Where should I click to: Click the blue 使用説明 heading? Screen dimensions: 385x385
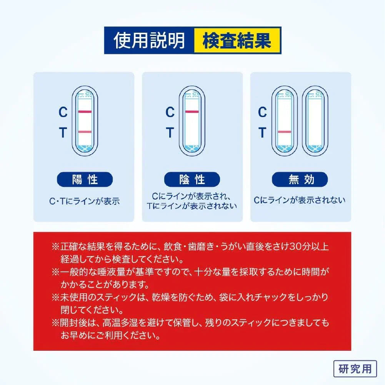tap(149, 40)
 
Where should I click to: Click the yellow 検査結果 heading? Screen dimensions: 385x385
tap(237, 40)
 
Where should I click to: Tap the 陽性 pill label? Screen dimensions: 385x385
tap(85, 179)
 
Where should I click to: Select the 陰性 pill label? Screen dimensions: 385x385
tap(192, 179)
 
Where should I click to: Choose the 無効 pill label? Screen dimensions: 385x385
tap(300, 179)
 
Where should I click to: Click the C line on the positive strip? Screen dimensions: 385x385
tap(85, 112)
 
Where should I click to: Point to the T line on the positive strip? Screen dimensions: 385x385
tap(85, 132)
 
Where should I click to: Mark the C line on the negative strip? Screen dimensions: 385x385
tap(192, 112)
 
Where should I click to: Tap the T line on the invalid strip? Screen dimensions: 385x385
tap(285, 132)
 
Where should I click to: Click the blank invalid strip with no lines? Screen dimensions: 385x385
tap(315, 121)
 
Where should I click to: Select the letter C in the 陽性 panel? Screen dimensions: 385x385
tap(63, 112)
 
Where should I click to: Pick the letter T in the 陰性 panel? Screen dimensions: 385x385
tap(170, 132)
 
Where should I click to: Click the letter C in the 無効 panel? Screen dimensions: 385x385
tap(262, 112)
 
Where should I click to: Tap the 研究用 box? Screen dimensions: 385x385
tap(355, 368)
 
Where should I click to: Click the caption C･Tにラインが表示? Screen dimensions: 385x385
tap(85, 201)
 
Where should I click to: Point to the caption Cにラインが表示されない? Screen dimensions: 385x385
tap(300, 200)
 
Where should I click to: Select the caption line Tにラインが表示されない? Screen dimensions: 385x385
tap(192, 206)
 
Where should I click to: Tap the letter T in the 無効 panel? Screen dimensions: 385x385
tap(262, 132)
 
